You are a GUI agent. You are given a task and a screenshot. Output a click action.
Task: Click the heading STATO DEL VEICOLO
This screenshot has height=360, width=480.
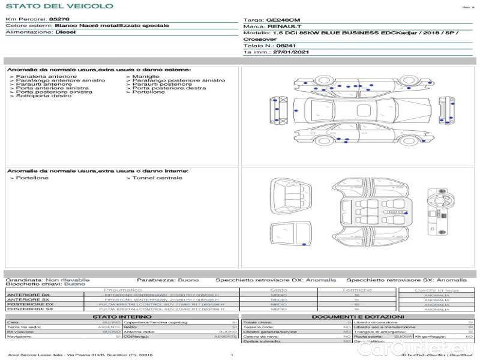pyautogui.click(x=59, y=6)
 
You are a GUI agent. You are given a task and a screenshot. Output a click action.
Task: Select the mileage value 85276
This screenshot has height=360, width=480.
pyautogui.click(x=59, y=19)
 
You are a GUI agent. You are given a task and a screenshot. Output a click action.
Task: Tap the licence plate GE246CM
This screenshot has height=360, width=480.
pyautogui.click(x=280, y=20)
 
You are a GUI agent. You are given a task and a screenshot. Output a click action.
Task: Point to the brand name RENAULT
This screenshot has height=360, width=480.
pyautogui.click(x=281, y=26)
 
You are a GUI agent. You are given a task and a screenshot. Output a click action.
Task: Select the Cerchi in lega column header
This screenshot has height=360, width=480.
pyautogui.click(x=436, y=290)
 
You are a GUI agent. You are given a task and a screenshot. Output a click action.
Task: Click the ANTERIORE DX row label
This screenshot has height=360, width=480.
pyautogui.click(x=28, y=295)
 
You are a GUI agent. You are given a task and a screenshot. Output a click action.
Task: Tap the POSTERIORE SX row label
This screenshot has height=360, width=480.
pyautogui.click(x=30, y=309)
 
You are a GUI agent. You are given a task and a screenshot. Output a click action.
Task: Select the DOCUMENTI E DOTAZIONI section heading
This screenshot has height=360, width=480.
pyautogui.click(x=358, y=316)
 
